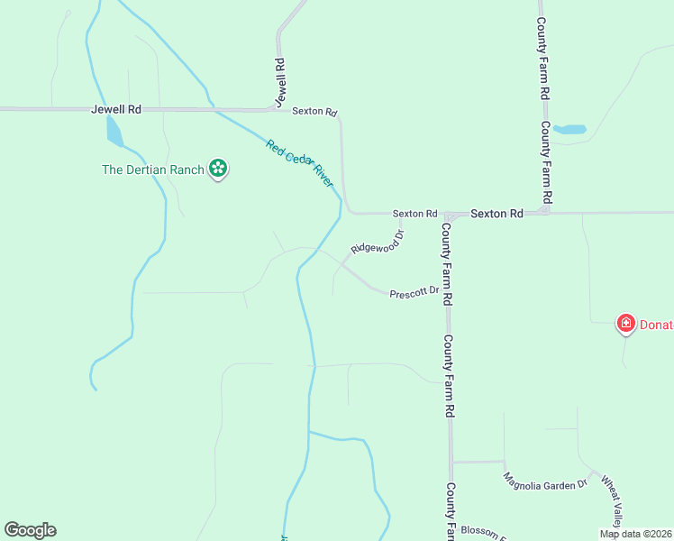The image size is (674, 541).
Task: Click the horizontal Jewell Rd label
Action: tap(116, 109)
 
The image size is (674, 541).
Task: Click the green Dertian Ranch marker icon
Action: tap(217, 168)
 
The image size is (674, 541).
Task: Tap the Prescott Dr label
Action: tap(414, 292)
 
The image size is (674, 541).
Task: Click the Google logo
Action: tap(30, 530)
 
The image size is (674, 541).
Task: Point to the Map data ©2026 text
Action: tap(636, 534)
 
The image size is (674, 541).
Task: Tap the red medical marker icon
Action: tap(625, 323)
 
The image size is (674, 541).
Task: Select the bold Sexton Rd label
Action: tap(496, 214)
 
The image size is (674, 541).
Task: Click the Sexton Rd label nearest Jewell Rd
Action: tap(314, 112)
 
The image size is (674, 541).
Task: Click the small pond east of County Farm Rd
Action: tap(569, 130)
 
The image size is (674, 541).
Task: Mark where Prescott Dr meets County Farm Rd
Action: tap(447, 294)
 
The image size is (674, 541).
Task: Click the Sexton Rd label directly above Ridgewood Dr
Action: tap(414, 214)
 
